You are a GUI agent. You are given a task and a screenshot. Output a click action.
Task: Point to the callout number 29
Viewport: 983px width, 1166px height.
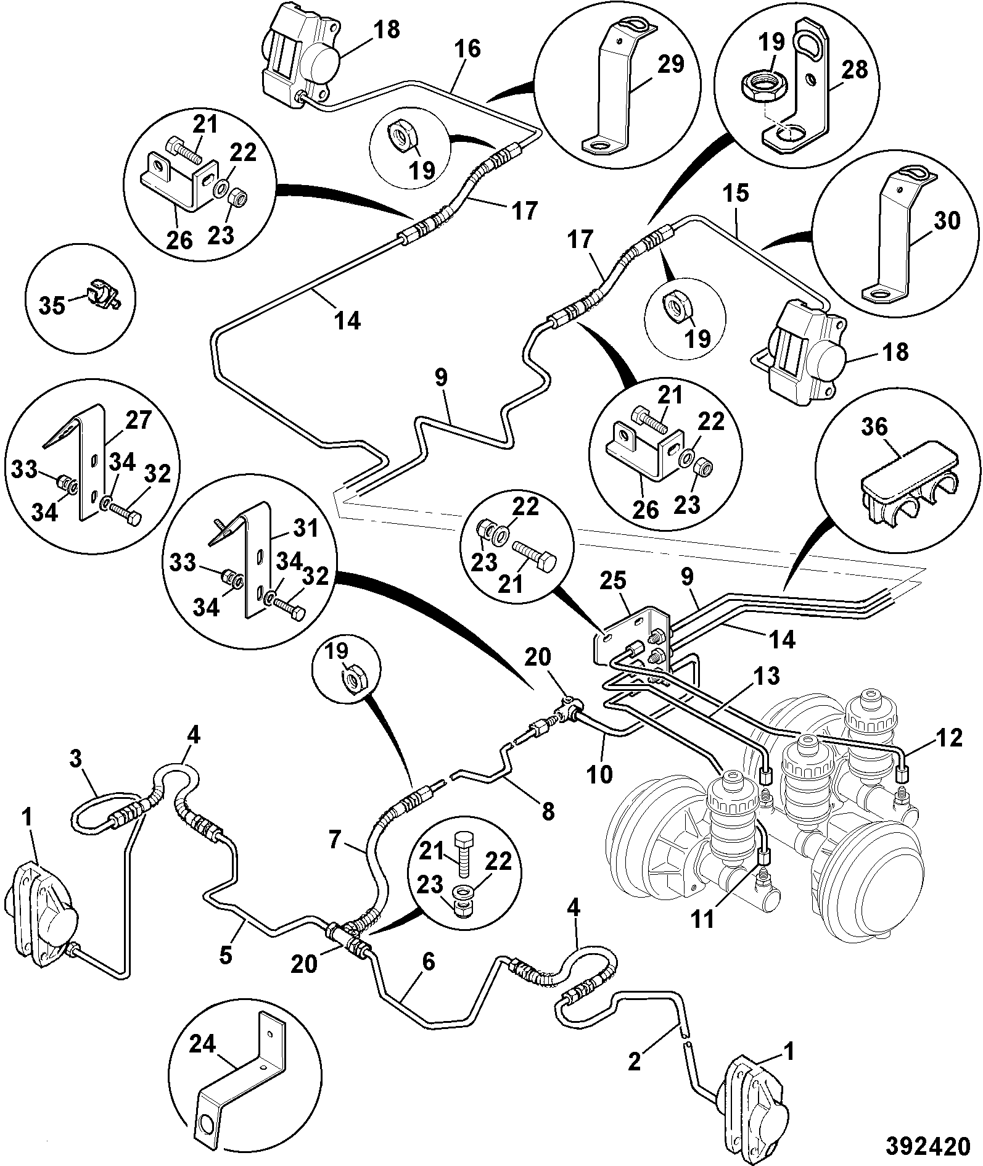pos(670,65)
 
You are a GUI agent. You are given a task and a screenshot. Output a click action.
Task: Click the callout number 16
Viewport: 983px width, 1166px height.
pos(468,49)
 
